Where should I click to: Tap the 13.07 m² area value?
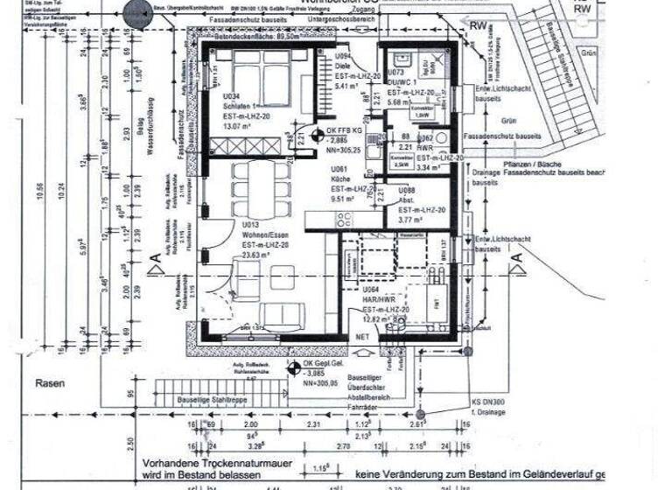point(238,126)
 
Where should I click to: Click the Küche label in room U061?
point(340,178)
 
